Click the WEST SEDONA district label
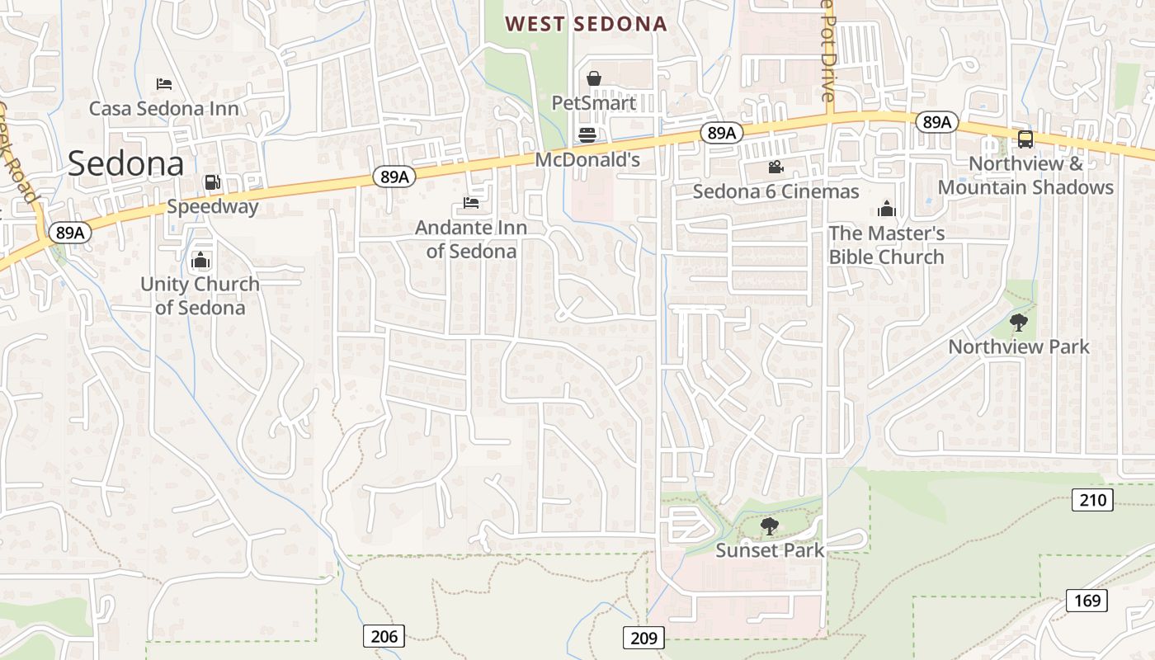click(x=586, y=24)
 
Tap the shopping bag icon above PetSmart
click(x=593, y=79)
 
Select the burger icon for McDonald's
click(x=587, y=134)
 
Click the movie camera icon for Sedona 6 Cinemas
click(x=775, y=167)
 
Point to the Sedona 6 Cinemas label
click(x=775, y=192)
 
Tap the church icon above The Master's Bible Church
click(x=887, y=209)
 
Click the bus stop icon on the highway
click(x=1025, y=139)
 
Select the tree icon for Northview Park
click(x=1019, y=323)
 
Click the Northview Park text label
click(x=1019, y=346)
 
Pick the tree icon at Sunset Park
click(x=769, y=526)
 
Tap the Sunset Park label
click(x=770, y=550)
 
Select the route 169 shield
click(x=1087, y=601)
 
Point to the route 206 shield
click(x=384, y=636)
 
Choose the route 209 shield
click(x=643, y=638)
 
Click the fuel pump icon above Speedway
click(x=212, y=182)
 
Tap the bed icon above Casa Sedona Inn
click(x=164, y=84)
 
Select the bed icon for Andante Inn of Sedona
click(x=471, y=203)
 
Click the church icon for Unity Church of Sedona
click(x=200, y=261)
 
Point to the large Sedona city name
click(x=126, y=163)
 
